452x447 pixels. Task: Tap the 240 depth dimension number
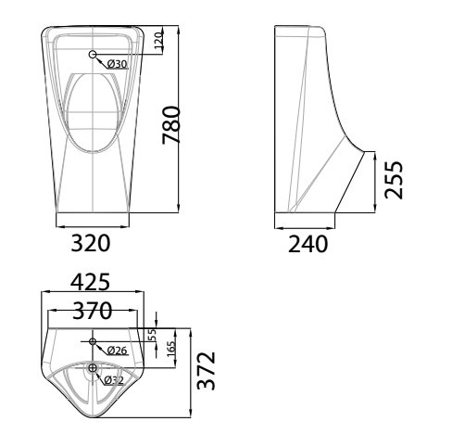point(307,244)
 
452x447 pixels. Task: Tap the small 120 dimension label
point(158,40)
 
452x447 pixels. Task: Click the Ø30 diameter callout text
point(117,63)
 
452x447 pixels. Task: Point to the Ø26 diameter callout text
point(117,351)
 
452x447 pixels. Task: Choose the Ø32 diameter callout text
point(114,379)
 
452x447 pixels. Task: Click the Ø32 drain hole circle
point(92,370)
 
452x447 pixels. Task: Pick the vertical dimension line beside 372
point(192,371)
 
